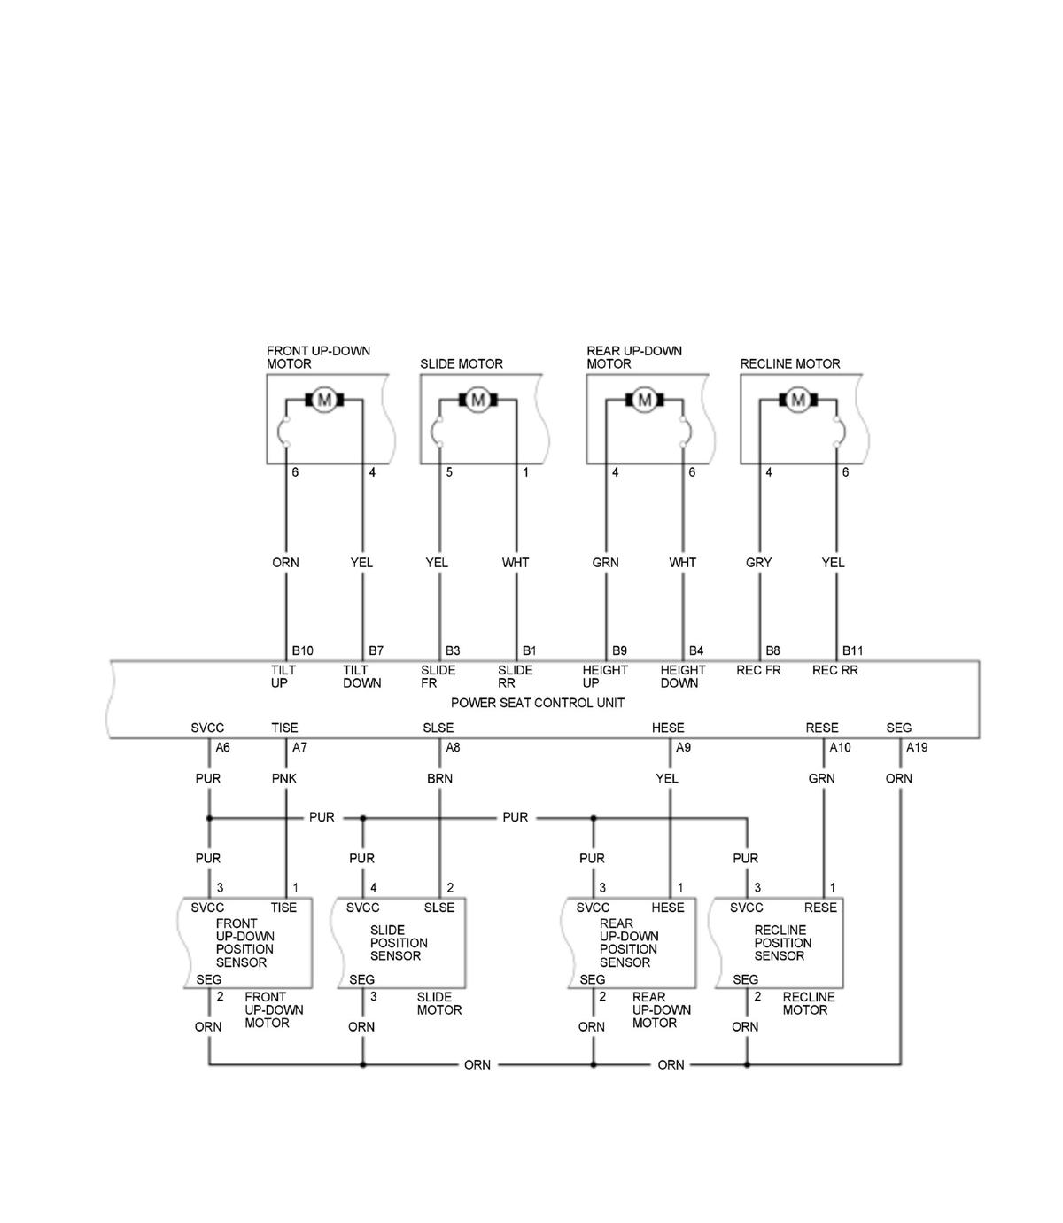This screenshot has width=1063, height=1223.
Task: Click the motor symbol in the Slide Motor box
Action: coord(478,400)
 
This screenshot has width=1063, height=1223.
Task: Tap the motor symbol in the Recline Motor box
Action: coord(798,400)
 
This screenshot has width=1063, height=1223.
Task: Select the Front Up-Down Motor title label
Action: coord(318,357)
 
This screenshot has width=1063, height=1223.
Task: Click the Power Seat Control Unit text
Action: coord(538,703)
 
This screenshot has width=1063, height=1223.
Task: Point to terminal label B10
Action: coord(302,651)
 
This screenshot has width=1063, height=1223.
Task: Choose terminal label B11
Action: coord(852,651)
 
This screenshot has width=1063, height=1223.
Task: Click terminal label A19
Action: coord(917,748)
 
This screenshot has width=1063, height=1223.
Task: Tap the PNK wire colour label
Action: coord(284,778)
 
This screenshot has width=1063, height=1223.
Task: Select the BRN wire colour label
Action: coord(439,778)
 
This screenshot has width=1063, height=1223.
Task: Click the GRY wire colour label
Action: coord(758,563)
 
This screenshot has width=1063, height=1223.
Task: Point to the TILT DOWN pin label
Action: coord(361,676)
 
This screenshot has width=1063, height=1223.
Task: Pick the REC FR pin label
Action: coord(758,671)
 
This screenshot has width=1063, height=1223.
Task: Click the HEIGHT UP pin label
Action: coord(605,676)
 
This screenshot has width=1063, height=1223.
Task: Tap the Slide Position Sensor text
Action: coord(399,943)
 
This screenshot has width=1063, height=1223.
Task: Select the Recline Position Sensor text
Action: coord(783,943)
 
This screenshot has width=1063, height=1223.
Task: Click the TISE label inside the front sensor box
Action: coord(283,908)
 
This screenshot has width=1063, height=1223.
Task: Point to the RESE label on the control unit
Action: coord(821,728)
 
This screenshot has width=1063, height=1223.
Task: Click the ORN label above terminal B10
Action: coord(285,563)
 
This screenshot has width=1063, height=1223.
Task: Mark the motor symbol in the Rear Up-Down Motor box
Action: coord(644,400)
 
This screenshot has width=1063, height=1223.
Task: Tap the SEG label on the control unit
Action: coord(898,728)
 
